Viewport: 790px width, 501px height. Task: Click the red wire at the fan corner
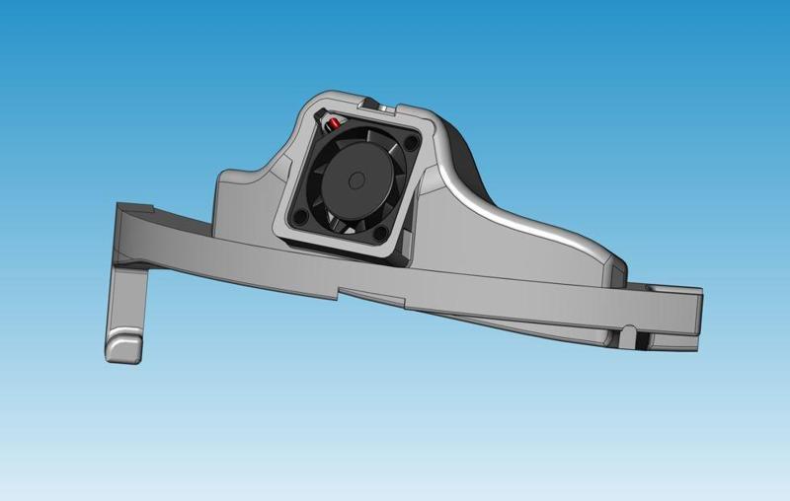[x=334, y=123]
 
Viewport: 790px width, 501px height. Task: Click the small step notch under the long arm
[x=341, y=292]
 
